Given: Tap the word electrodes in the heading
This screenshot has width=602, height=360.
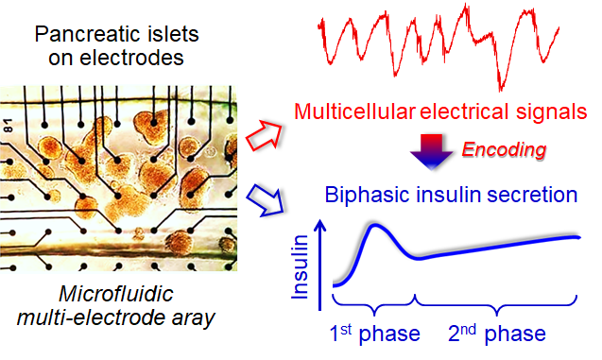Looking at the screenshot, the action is point(132,58).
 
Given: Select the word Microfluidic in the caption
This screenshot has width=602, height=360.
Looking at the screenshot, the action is point(116,295).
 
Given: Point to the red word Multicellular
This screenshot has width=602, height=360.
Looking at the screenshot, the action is point(354,111).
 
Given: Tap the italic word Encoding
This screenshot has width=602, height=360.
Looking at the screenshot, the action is point(504,150).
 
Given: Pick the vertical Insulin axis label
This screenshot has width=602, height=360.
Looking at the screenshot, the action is point(301,266).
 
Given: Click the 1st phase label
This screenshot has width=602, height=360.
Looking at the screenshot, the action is point(374,334).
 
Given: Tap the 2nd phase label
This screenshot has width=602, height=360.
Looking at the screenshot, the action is point(497,334).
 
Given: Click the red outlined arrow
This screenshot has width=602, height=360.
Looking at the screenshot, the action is point(265,135).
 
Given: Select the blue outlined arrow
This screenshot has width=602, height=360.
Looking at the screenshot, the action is point(265,200).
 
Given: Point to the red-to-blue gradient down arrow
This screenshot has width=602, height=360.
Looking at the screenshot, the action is point(432,152).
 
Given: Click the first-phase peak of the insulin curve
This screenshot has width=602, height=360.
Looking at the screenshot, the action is point(373,225).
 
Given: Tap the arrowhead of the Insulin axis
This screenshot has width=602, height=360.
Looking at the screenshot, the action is point(320,226).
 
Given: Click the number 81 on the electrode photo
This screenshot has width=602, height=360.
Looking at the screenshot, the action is point(8,126).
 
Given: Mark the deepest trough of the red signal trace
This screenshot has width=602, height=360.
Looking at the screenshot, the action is point(500,89).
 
